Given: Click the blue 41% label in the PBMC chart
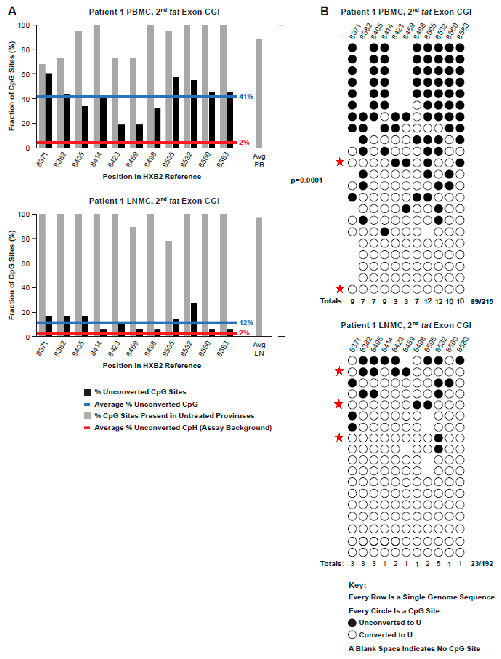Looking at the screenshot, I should (246, 97).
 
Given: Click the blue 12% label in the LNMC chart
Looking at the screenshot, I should (246, 323).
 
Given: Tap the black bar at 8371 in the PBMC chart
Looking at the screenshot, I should (49, 110).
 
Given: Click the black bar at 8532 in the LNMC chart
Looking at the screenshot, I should (194, 319).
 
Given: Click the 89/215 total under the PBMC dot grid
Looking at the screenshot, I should (482, 301).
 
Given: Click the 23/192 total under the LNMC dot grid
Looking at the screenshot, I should (482, 564).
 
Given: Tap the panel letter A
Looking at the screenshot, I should (12, 11).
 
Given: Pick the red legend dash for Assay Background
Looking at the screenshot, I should (87, 428).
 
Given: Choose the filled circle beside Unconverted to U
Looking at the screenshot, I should (352, 623).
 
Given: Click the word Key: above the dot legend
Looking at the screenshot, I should (357, 585).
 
